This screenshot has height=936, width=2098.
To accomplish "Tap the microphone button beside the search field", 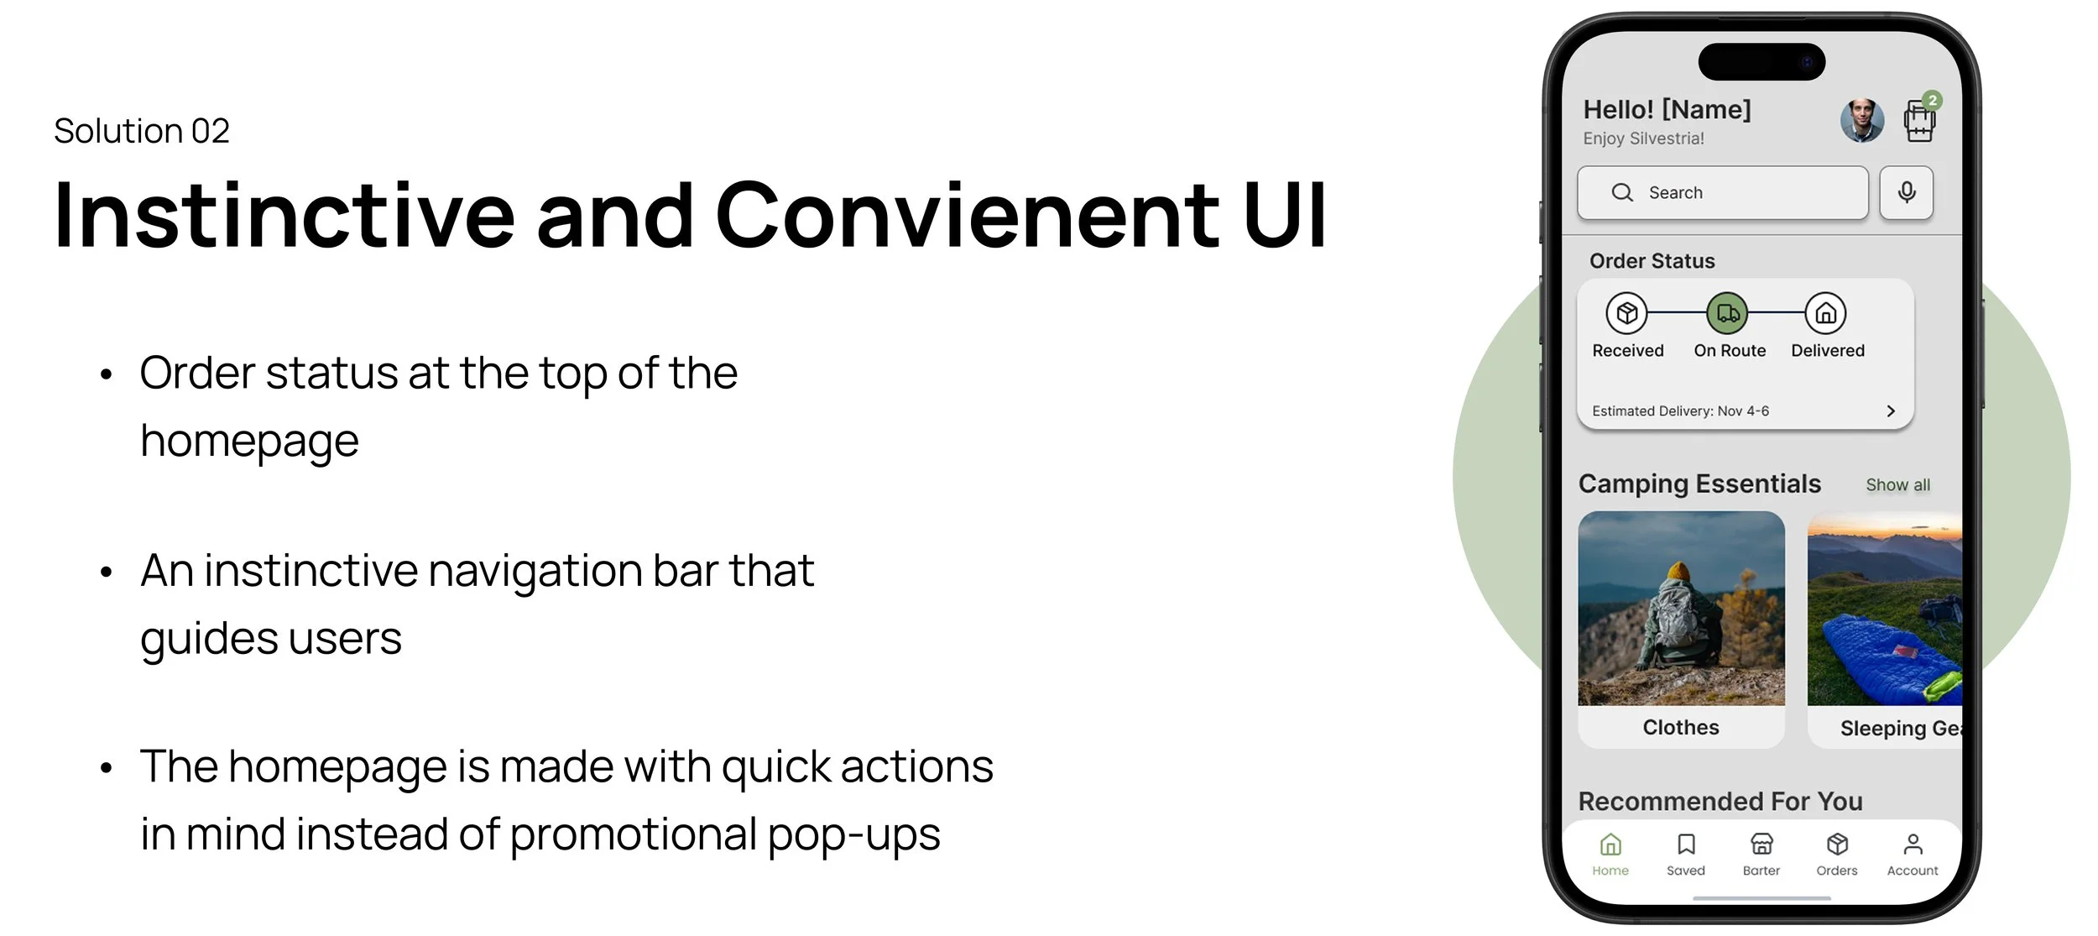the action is click(1907, 193).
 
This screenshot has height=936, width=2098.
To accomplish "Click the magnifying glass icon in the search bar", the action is click(1622, 193).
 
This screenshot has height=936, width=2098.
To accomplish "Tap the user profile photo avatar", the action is click(1862, 121).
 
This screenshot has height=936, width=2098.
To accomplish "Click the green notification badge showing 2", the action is click(1933, 101).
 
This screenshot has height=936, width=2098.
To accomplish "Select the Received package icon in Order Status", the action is click(1627, 313).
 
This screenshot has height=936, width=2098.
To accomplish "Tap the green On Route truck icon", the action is click(1728, 313).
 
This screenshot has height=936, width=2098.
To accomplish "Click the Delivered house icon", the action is click(1826, 313).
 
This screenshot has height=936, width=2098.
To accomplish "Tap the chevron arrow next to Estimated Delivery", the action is click(1891, 410).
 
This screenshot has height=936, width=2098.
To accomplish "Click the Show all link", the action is click(1897, 485).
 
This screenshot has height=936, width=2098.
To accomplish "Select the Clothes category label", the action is click(1681, 728).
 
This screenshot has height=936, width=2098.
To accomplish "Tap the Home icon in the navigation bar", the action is click(1610, 844).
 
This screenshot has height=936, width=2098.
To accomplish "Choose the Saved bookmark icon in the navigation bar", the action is click(1686, 844).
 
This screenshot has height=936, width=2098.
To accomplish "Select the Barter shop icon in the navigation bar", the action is click(1761, 844).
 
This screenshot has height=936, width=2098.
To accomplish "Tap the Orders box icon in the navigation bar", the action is click(1837, 844).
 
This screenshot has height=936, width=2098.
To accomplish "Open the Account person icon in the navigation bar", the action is click(1913, 844).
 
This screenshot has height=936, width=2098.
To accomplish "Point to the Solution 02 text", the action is click(142, 131).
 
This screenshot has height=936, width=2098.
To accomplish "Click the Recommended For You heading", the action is click(1720, 802).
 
